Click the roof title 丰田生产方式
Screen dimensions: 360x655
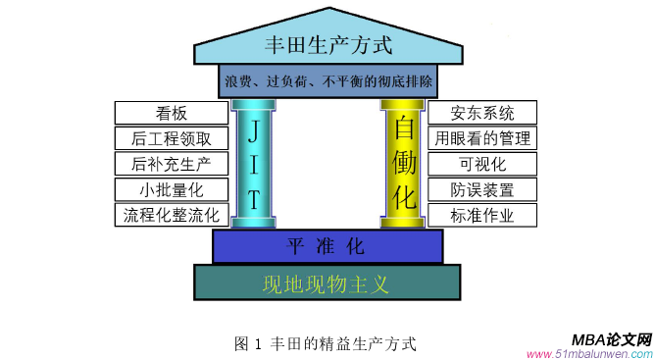click(x=327, y=44)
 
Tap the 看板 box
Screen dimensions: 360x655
click(x=172, y=112)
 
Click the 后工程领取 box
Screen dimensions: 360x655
click(x=172, y=137)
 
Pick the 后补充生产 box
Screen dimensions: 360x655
click(x=172, y=163)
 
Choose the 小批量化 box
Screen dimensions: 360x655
click(x=172, y=188)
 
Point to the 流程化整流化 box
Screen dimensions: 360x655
click(x=172, y=214)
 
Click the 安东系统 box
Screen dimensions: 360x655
click(x=481, y=112)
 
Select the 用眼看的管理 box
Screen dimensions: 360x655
click(x=481, y=137)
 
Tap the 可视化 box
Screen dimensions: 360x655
click(x=481, y=163)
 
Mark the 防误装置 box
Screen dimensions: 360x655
click(x=481, y=188)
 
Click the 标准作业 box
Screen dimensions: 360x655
click(x=481, y=214)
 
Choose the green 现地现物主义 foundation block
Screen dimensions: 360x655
click(x=327, y=284)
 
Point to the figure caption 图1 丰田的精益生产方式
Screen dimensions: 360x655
click(x=326, y=343)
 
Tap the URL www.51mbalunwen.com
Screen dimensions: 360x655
click(x=588, y=353)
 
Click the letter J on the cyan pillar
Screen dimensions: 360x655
click(x=253, y=131)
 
